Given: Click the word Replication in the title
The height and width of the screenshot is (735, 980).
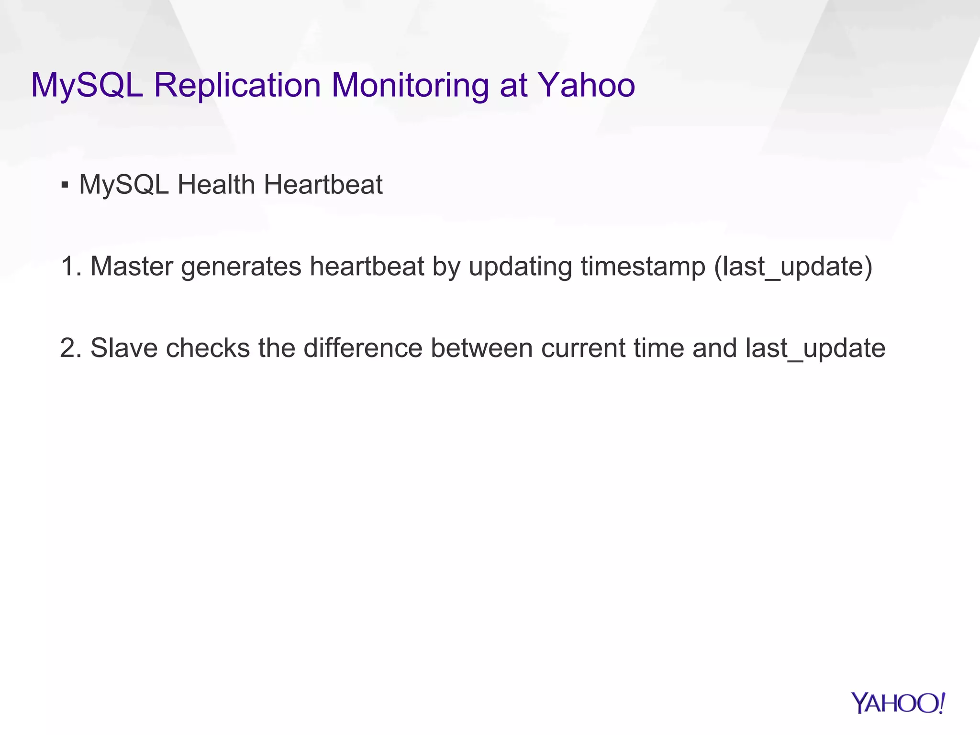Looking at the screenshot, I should coord(237,86).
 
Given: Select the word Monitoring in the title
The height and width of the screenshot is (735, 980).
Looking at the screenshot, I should coord(410,86).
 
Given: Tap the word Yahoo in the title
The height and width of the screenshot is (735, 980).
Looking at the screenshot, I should coord(587,86).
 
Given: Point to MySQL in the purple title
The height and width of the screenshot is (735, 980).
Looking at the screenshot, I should coord(87,86).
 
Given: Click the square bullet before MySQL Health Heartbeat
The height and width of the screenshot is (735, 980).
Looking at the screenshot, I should coord(65,185).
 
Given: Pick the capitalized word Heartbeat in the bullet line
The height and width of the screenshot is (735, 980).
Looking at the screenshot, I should coord(323,185).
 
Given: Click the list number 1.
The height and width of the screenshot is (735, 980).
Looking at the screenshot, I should coord(70,267).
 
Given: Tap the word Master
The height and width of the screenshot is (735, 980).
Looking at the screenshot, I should coord(131,267).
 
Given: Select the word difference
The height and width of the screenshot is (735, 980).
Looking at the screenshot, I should coord(363,348).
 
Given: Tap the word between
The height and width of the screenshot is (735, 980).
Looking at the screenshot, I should coord(481,348).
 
